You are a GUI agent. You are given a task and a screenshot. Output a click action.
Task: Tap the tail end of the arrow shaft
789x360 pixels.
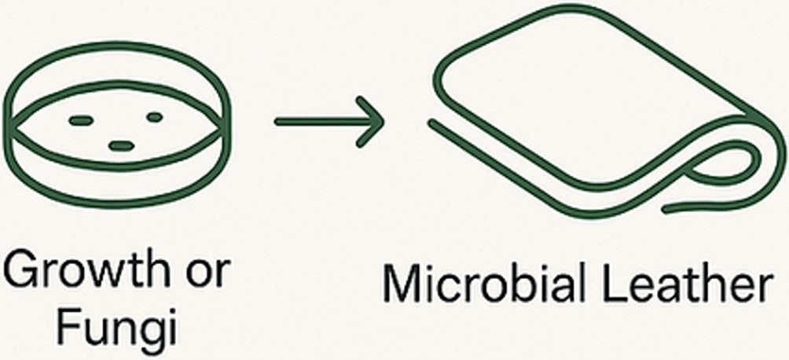pos(277,121)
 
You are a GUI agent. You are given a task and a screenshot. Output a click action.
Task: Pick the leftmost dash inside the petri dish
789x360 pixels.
pos(80,120)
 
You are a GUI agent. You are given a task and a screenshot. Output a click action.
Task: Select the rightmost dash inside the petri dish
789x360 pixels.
pos(154,117)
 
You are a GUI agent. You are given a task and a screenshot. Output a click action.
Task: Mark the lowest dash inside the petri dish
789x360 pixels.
pos(120,145)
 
